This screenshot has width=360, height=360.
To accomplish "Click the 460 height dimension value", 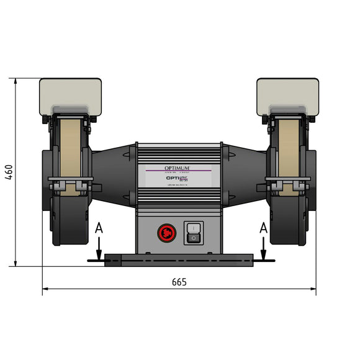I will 9,172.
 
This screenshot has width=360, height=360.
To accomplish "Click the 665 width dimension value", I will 179,282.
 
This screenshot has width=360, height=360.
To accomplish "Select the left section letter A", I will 99,228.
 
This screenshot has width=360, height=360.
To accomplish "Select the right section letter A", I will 263,228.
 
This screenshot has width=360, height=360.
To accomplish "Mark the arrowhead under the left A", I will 99,256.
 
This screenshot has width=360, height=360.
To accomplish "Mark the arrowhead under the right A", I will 264,256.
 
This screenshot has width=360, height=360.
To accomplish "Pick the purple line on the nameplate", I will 179,172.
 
